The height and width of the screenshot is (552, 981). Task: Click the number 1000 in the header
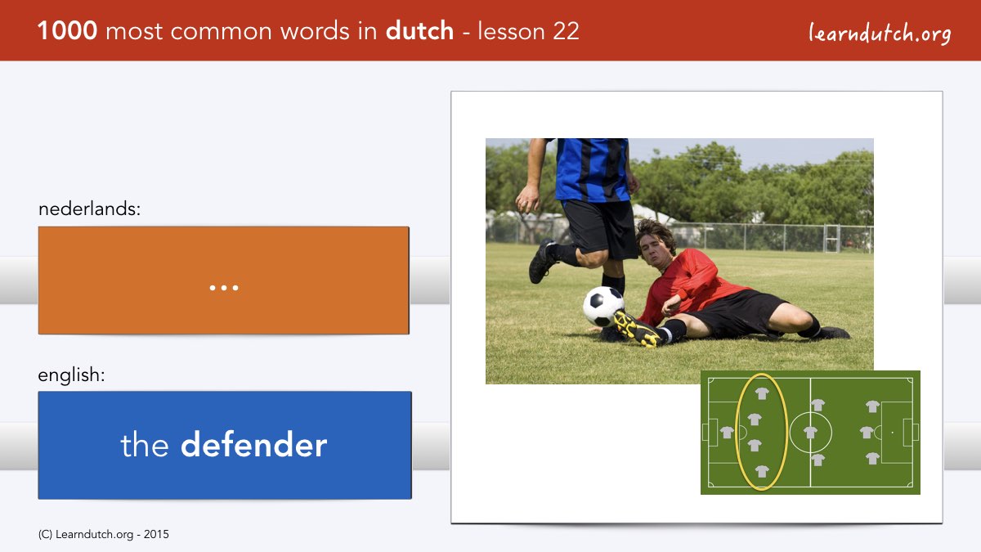pos(67,31)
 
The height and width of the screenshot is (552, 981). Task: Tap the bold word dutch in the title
pos(419,31)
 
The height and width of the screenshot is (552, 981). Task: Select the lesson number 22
pos(566,31)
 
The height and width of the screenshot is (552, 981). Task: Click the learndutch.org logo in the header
pos(880,33)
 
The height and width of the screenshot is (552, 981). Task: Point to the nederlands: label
pos(89,209)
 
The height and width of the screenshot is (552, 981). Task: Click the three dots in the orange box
pos(224,288)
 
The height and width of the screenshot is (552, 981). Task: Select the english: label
pos(71,375)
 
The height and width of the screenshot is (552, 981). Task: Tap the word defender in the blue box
pos(254,445)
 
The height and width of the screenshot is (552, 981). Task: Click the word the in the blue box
pos(145,445)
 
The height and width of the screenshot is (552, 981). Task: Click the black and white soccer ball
pos(603,306)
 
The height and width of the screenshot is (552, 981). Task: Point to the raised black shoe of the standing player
pos(542,261)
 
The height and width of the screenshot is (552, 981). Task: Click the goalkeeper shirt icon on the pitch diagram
pos(727,433)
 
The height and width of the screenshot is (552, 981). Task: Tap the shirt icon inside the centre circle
pos(811,433)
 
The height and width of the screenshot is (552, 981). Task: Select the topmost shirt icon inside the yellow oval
pos(762,393)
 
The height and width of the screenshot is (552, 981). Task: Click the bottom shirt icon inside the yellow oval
pos(762,471)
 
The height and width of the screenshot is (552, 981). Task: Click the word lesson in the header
pos(511,31)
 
